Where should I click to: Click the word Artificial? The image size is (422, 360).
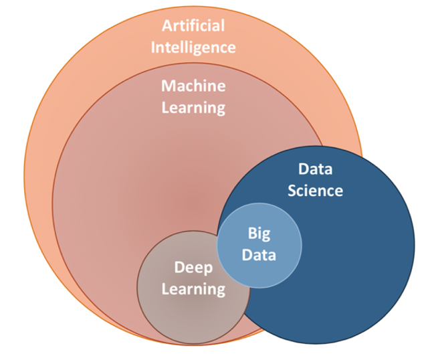pos(193,26)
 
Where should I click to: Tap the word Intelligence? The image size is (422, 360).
pos(193,48)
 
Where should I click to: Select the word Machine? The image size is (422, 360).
pos(193,86)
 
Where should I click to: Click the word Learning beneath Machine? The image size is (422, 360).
pos(193,107)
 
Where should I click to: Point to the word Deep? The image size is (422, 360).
pos(193,268)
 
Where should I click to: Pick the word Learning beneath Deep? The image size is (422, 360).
pos(193,289)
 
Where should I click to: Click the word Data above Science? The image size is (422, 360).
pos(315,169)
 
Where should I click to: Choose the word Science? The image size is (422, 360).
pos(315,191)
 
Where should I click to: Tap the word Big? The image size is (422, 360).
pos(259,234)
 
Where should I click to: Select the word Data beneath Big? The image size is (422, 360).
pos(259,254)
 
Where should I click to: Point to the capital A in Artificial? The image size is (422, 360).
pos(167,26)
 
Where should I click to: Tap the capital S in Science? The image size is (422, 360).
pos(292,191)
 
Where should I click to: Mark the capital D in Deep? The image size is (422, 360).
pos(179,268)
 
